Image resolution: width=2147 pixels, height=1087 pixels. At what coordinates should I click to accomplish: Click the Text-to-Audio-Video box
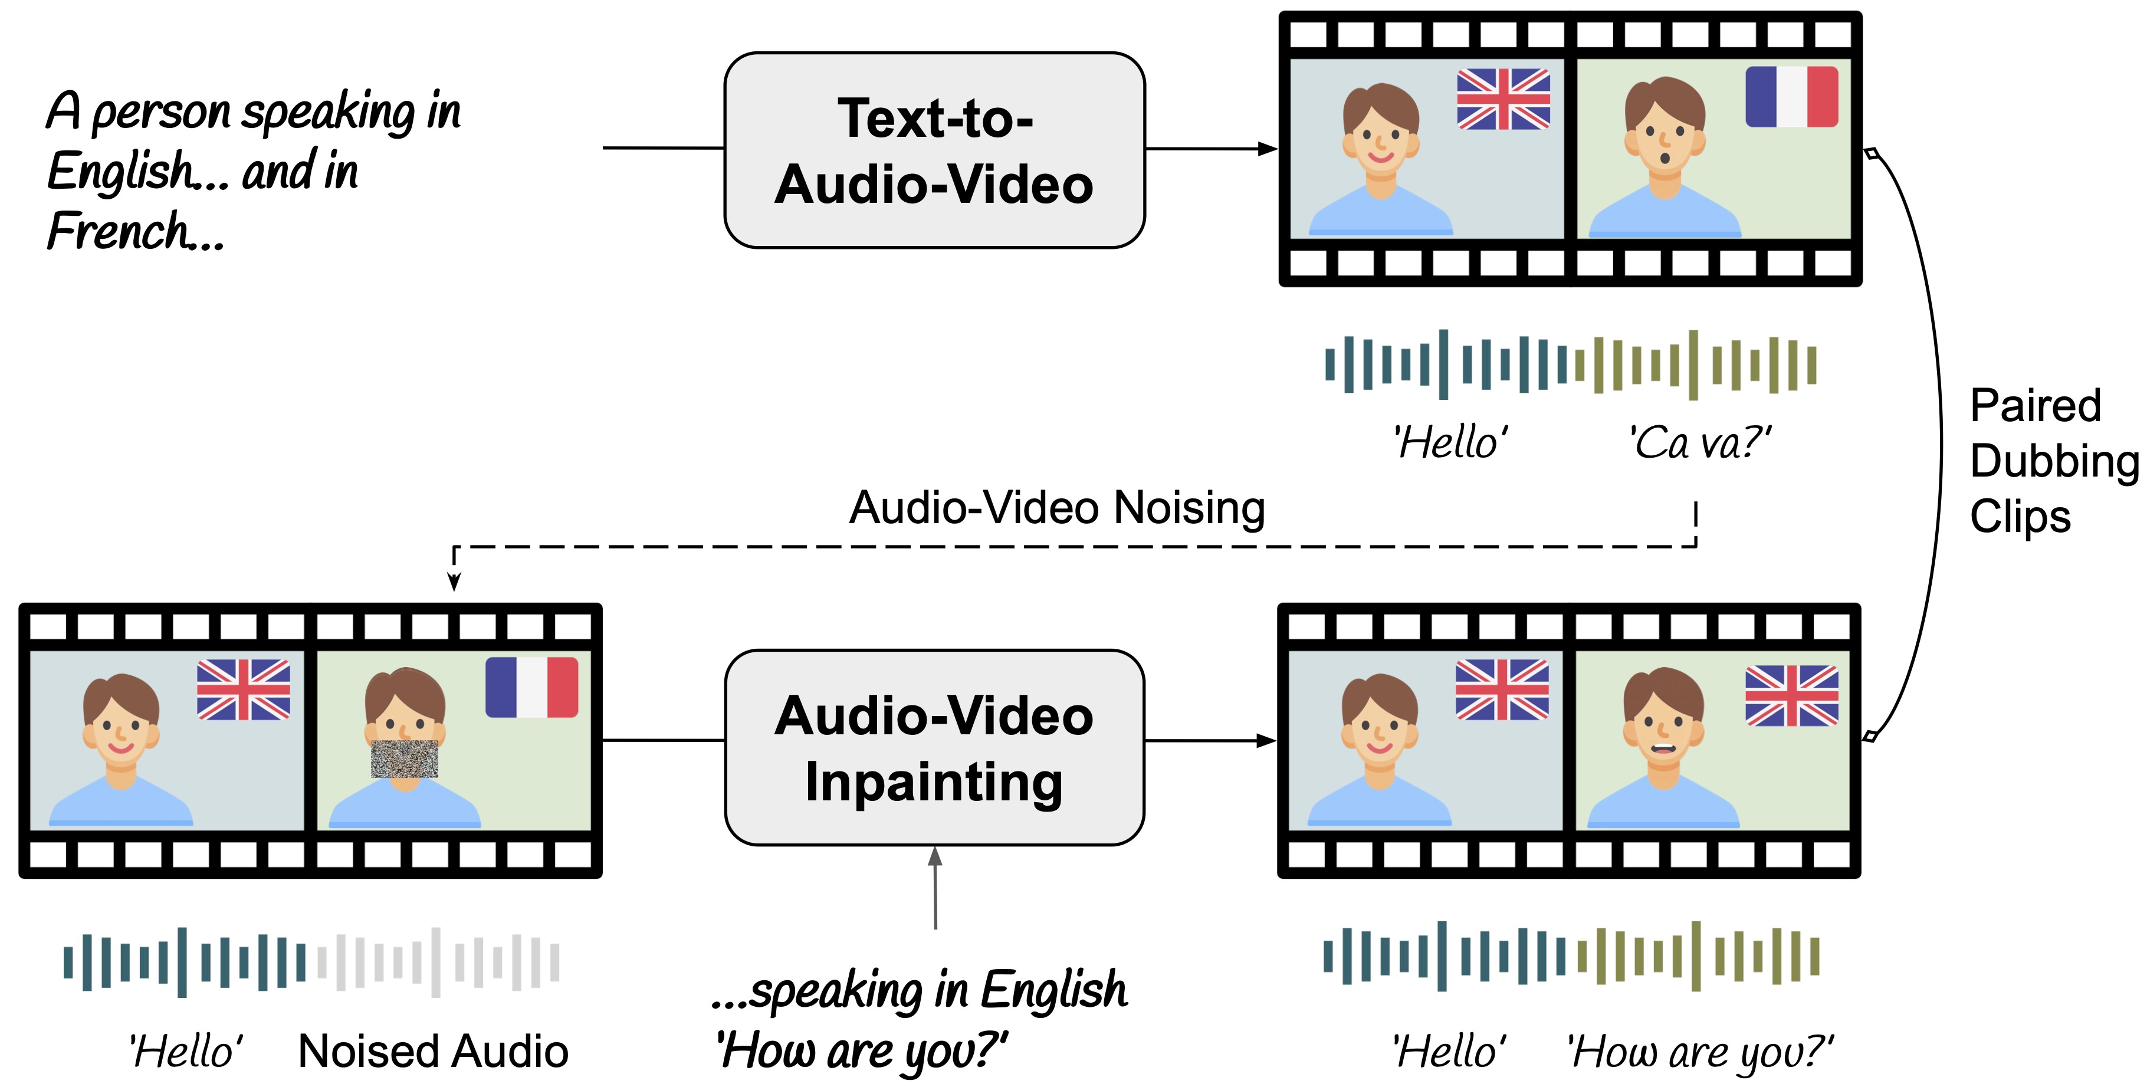coord(934,150)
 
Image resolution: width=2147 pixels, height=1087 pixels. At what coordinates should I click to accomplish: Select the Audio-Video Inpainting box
coord(934,748)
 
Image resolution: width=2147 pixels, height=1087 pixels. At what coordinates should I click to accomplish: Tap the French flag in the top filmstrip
coord(1791,97)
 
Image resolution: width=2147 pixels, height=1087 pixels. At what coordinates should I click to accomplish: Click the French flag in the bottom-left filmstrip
coord(532,688)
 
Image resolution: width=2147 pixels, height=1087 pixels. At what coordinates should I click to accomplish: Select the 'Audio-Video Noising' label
coord(1057,508)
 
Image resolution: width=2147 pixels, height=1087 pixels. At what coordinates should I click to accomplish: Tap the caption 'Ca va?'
coord(1700,442)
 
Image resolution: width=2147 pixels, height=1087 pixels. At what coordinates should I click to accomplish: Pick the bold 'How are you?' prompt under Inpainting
coord(862,1050)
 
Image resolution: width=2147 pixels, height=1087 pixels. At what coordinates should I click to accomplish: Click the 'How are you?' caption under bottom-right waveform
coord(1700,1052)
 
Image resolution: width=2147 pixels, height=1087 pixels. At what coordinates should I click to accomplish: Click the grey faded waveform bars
coord(438,962)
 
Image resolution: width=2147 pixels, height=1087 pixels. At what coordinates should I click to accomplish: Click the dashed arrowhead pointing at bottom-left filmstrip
coord(454,582)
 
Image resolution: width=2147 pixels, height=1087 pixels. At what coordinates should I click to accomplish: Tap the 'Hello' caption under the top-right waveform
coord(1450,442)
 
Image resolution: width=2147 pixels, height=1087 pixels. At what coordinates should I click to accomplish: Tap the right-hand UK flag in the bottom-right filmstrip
coord(1791,695)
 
